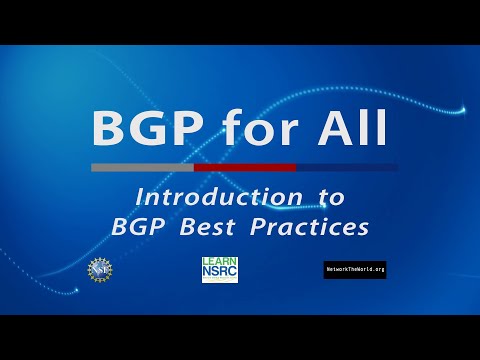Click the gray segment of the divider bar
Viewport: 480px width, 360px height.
tap(142, 167)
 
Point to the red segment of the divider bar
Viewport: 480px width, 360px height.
tap(245, 167)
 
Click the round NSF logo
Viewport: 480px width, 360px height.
tap(101, 268)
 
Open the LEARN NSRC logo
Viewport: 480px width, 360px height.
tap(220, 268)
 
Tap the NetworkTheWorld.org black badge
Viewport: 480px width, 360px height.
tap(355, 269)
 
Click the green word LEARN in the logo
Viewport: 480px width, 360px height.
tap(220, 261)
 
